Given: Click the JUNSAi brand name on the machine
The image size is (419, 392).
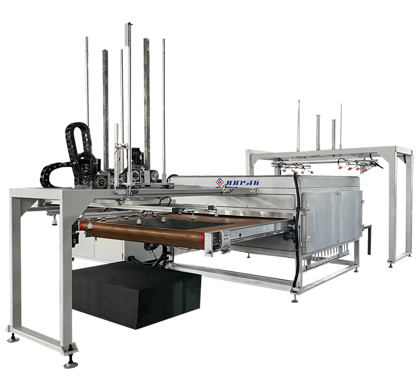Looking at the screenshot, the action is click(242, 183).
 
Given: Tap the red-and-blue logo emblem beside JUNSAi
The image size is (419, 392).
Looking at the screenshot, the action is click(220, 181).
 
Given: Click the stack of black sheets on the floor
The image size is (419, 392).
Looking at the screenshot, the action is click(136, 294).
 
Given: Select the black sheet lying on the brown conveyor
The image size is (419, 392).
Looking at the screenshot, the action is click(171, 223).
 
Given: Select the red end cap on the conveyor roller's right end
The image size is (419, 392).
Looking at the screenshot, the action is click(203, 238).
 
